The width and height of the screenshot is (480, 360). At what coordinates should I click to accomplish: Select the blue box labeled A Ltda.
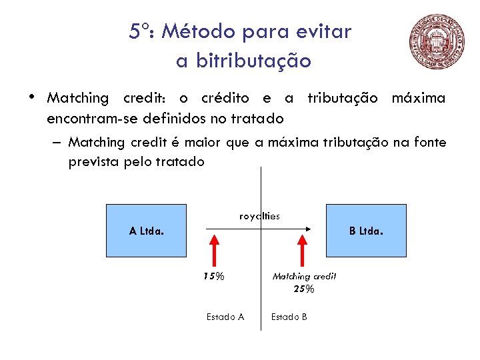point(147,231)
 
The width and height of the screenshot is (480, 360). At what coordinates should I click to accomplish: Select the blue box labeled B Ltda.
point(366,231)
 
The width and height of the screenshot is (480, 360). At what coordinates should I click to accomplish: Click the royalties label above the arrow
point(259,216)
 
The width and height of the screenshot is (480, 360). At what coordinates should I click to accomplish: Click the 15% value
point(214,276)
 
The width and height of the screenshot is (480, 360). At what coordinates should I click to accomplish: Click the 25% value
point(303,289)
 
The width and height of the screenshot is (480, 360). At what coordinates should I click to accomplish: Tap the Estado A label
point(225,317)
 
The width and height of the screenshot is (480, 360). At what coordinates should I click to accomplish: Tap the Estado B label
point(289,317)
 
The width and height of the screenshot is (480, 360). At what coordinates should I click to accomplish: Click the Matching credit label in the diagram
point(304,276)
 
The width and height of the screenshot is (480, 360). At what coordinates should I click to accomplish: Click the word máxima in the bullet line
point(419,98)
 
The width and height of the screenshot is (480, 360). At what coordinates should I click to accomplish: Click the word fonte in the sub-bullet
point(431,142)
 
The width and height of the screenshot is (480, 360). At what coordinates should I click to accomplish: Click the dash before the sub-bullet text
point(59,143)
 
